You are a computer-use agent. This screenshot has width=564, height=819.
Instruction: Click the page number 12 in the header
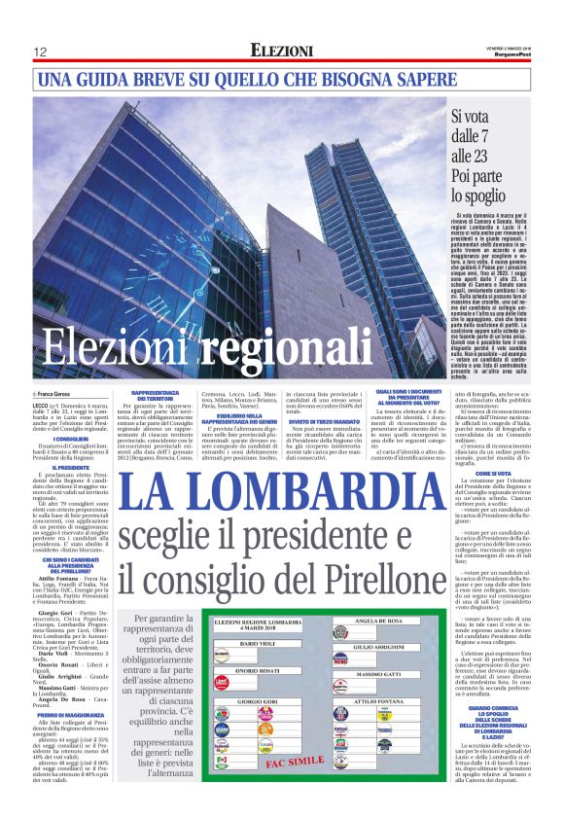coord(41,52)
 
